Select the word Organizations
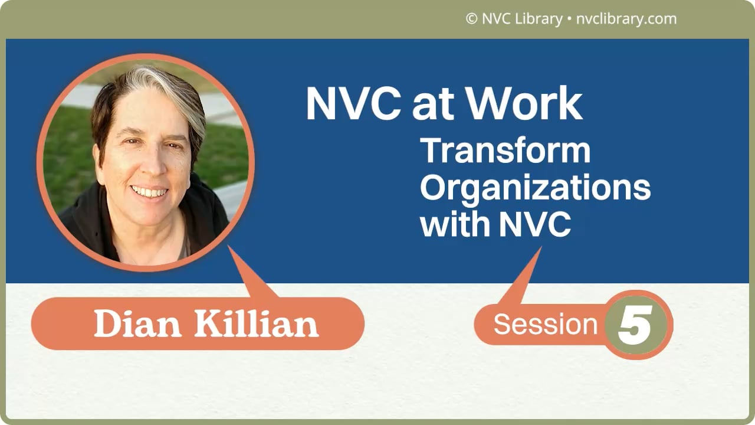535,188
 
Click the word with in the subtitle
455,225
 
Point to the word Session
545,325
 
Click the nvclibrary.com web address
626,19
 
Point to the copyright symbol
471,19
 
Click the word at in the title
435,104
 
